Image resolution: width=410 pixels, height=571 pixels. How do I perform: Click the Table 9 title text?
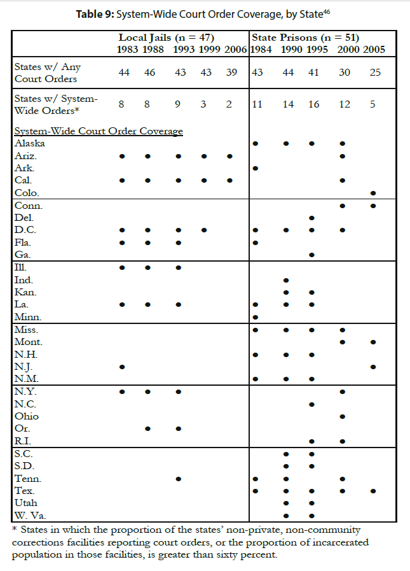click(x=205, y=14)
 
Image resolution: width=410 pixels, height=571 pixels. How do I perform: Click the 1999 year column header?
click(x=209, y=49)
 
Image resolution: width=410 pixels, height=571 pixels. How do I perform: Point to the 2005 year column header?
click(x=374, y=49)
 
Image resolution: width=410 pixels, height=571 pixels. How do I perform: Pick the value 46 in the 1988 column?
click(x=150, y=73)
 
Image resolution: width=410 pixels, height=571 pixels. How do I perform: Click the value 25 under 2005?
click(x=375, y=73)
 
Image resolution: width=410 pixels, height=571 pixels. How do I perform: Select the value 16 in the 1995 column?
click(x=313, y=104)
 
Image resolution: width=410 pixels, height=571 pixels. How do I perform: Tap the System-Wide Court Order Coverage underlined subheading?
click(x=99, y=131)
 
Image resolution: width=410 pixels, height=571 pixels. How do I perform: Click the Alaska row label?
click(x=30, y=143)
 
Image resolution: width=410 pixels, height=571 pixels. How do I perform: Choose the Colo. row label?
click(x=27, y=192)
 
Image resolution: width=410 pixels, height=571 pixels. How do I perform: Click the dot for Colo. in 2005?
click(x=373, y=193)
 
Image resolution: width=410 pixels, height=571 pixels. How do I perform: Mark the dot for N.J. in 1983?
click(x=122, y=367)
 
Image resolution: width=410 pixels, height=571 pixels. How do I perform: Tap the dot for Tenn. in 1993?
click(x=179, y=479)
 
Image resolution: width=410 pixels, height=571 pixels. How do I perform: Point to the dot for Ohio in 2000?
click(x=343, y=416)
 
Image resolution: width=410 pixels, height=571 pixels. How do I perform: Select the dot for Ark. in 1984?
click(x=255, y=168)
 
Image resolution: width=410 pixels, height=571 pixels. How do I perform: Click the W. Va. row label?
click(x=30, y=515)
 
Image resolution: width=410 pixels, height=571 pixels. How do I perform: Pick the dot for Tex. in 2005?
click(x=373, y=491)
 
